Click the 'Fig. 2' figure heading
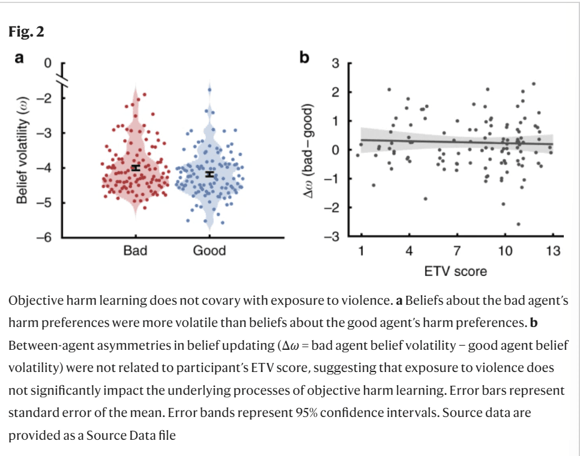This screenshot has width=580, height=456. point(27,32)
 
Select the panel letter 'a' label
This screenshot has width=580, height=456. point(20,58)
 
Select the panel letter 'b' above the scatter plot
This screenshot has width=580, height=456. point(304,58)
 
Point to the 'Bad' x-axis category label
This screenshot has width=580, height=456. point(135,251)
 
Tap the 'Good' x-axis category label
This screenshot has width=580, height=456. point(209,251)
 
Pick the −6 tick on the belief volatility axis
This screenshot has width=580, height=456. point(45,238)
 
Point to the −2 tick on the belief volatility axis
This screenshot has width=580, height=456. point(45,97)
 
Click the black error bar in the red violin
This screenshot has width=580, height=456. point(136,168)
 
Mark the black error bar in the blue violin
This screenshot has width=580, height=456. point(210,174)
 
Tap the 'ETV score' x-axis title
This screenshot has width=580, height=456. point(455,271)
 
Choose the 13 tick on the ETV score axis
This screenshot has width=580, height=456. point(553,251)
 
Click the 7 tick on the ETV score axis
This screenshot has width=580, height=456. point(456,251)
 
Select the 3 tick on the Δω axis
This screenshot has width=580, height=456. point(336,63)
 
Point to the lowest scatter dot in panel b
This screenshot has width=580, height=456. point(518,224)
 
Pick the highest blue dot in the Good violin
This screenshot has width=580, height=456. point(210,89)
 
